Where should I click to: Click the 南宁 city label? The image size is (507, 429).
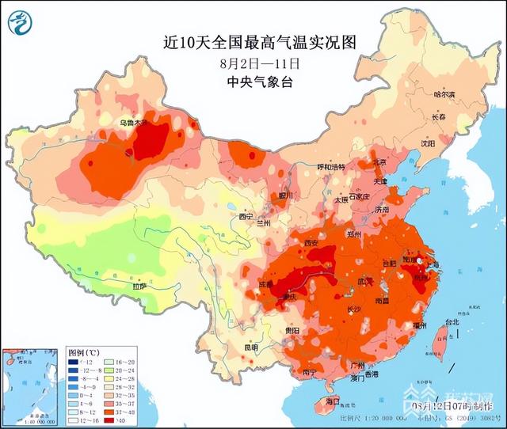311,372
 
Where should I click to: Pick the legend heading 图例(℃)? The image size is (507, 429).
82,351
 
